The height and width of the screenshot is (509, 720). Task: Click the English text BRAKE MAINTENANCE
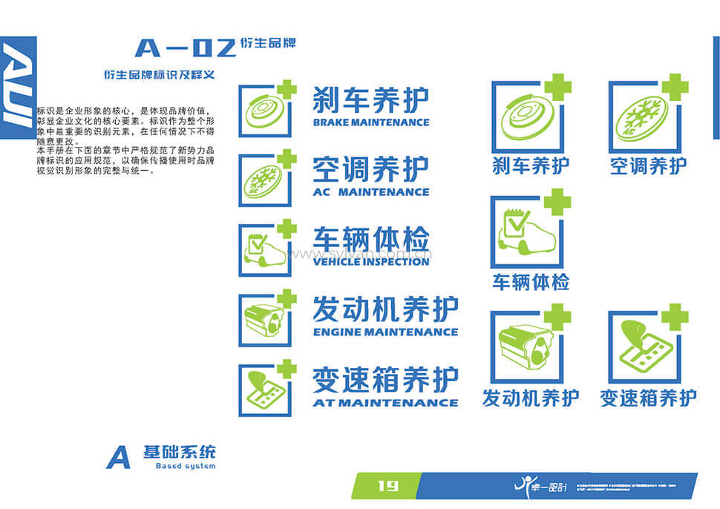pos(370,122)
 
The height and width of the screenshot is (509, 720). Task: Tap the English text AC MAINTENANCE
pos(370,191)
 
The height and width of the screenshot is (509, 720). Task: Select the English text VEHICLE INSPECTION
pos(370,261)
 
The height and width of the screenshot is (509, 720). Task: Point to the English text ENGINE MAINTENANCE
pos(385,332)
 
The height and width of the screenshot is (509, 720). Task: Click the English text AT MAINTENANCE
pos(385,402)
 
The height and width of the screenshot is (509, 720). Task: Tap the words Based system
pos(186,466)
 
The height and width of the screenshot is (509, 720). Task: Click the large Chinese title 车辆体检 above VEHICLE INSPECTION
pos(370,240)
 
